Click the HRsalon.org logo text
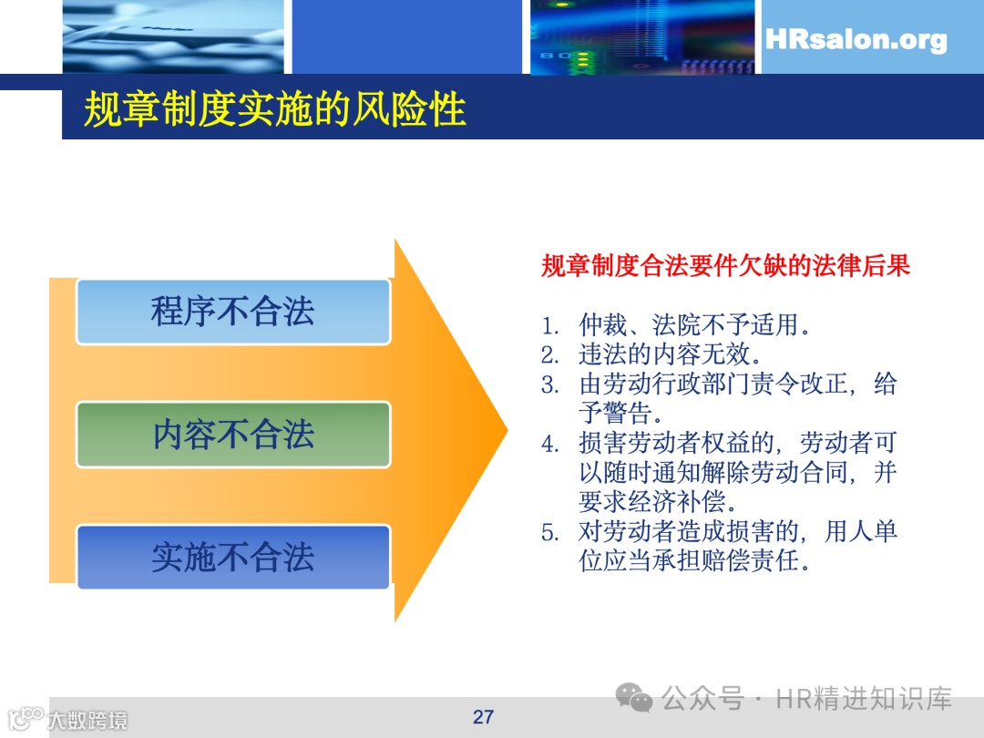point(856,40)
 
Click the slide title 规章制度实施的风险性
point(275,109)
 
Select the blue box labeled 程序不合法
point(233,312)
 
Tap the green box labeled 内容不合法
point(233,435)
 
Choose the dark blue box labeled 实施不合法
point(233,557)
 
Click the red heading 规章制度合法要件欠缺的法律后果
point(725,266)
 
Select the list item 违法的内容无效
point(671,354)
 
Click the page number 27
point(483,716)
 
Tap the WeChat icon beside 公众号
point(634,699)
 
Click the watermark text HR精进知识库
point(864,699)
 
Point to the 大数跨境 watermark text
point(87,720)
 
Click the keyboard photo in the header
point(173,36)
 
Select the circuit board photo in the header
point(642,36)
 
